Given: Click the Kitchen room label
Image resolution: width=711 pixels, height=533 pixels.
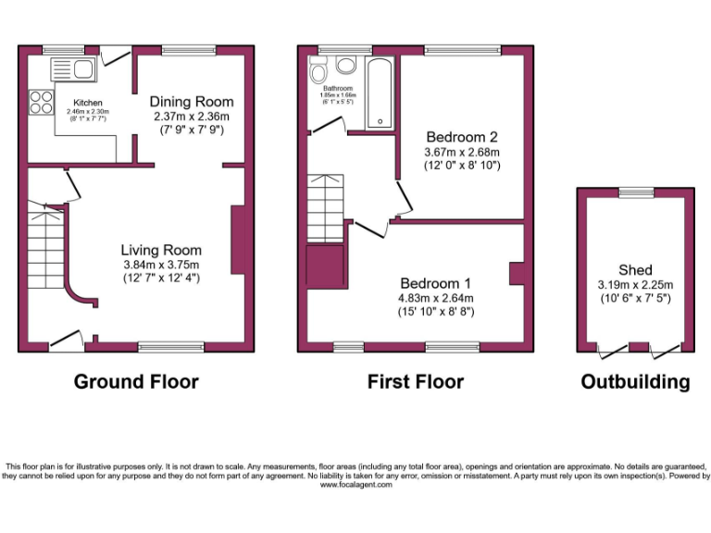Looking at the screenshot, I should pyautogui.click(x=88, y=103).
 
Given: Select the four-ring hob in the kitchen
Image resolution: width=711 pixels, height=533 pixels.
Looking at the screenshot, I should pyautogui.click(x=42, y=101).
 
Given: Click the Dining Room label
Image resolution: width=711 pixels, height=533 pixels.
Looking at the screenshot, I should pyautogui.click(x=192, y=101).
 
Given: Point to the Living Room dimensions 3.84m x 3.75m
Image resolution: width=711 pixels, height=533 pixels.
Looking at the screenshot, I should pyautogui.click(x=161, y=264).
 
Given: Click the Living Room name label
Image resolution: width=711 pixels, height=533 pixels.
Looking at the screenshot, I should pyautogui.click(x=161, y=250).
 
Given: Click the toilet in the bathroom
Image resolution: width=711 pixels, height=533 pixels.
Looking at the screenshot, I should pyautogui.click(x=318, y=73).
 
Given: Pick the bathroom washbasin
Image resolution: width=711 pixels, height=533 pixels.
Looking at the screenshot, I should pyautogui.click(x=347, y=65).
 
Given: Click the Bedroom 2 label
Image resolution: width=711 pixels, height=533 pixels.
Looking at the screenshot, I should pyautogui.click(x=461, y=136).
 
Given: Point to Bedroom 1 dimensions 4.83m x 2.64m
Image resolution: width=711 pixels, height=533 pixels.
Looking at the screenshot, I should pyautogui.click(x=436, y=298).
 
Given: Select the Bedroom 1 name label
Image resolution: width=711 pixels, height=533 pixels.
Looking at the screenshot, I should pyautogui.click(x=436, y=283).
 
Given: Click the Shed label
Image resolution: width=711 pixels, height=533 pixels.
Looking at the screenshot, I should pyautogui.click(x=636, y=269).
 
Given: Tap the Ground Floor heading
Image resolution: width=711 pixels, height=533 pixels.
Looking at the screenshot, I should pyautogui.click(x=135, y=381).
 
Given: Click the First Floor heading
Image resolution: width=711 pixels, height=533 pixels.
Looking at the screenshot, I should pyautogui.click(x=416, y=381).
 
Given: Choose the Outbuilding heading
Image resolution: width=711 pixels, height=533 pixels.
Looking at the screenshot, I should pyautogui.click(x=635, y=381).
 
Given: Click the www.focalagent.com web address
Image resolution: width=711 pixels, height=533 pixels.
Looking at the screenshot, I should pyautogui.click(x=355, y=484).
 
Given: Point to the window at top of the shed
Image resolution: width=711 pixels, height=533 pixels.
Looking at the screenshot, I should pyautogui.click(x=635, y=192).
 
